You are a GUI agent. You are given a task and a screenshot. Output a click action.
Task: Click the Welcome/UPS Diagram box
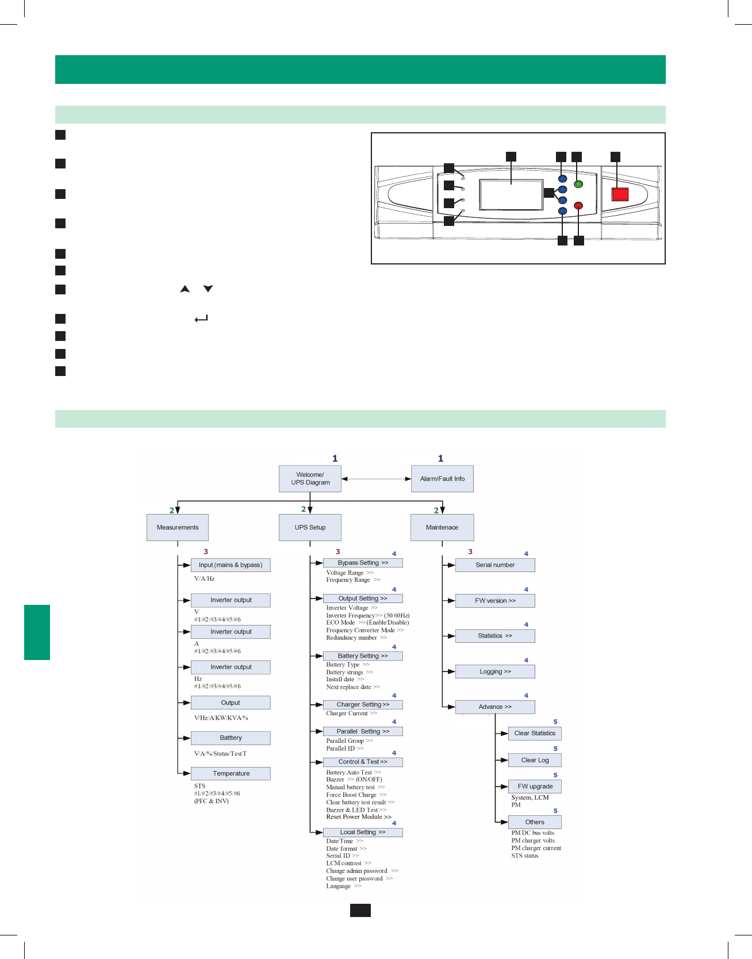coord(310,478)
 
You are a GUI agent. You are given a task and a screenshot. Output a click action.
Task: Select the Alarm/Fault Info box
coord(442,478)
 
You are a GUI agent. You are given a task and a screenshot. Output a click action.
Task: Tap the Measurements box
coord(178,527)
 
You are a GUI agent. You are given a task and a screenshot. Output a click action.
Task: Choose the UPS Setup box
coord(310,527)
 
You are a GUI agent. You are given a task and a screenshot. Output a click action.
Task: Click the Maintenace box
coord(442,527)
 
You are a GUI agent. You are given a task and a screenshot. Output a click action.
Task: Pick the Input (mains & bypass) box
coord(231,565)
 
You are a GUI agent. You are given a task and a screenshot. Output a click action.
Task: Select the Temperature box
coord(231,773)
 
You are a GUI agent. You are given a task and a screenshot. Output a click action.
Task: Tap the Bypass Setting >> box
coord(363,563)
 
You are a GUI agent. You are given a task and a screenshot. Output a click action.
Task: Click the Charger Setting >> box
coord(363,704)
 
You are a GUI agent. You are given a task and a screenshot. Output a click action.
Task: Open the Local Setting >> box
coord(363,832)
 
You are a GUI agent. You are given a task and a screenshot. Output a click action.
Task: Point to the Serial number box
coord(495,565)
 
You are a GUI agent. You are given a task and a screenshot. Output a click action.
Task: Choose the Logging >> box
coord(495,672)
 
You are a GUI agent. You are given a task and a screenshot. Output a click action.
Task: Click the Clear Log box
coord(535,760)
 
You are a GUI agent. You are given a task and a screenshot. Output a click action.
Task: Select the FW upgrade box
coord(535,787)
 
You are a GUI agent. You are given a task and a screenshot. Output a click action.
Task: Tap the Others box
coord(535,822)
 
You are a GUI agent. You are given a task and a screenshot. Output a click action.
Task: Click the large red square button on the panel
coord(620,194)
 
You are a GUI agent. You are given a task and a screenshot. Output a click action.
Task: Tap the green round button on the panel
coord(578,184)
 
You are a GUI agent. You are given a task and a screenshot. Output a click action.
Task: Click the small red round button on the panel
coord(578,205)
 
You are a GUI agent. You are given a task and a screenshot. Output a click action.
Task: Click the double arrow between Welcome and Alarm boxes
coord(376,478)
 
